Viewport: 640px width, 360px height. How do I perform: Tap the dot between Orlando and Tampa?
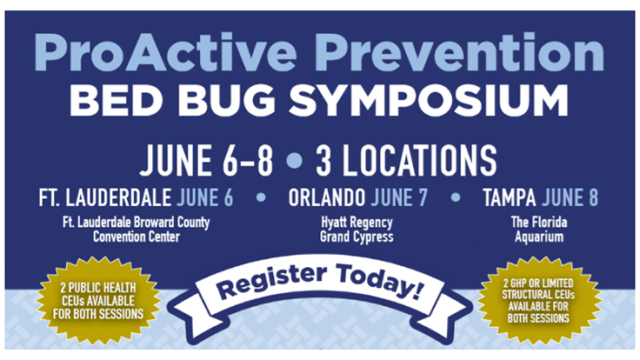pos(456,197)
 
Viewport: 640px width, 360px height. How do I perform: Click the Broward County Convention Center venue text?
pos(136,230)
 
